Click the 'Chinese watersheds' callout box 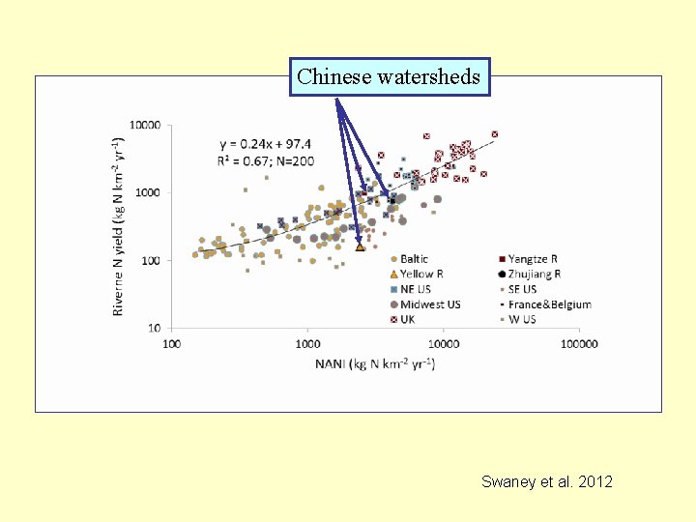pyautogui.click(x=390, y=76)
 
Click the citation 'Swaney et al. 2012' pyautogui.click(x=546, y=481)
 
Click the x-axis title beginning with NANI pyautogui.click(x=374, y=363)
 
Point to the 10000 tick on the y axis pyautogui.click(x=146, y=126)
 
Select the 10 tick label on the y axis pyautogui.click(x=154, y=329)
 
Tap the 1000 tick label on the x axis pyautogui.click(x=307, y=343)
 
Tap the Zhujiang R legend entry pyautogui.click(x=534, y=275)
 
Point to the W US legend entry pyautogui.click(x=522, y=319)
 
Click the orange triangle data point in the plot pyautogui.click(x=360, y=247)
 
